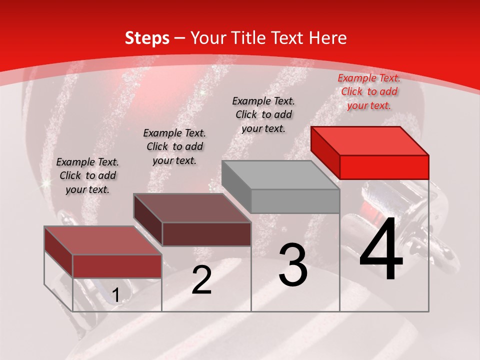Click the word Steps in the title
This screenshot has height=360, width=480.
click(x=147, y=38)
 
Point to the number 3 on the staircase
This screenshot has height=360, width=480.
click(x=292, y=264)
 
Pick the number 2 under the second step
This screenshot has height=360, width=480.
click(x=201, y=280)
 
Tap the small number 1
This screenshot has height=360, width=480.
click(x=115, y=295)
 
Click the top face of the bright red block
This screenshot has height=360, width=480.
click(x=370, y=141)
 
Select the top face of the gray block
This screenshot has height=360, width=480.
click(x=280, y=175)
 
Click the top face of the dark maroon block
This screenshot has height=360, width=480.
click(x=192, y=208)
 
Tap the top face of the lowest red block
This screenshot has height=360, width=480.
click(x=103, y=240)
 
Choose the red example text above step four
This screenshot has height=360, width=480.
click(x=369, y=91)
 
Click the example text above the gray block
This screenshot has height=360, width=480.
click(x=263, y=114)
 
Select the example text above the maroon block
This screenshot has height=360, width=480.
click(x=174, y=146)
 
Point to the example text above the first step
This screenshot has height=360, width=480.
click(x=87, y=175)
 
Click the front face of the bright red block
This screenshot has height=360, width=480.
click(x=384, y=167)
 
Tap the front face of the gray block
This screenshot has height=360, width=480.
click(x=295, y=201)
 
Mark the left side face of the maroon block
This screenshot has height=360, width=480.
click(x=148, y=220)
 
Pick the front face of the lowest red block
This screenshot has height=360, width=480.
click(x=117, y=266)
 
